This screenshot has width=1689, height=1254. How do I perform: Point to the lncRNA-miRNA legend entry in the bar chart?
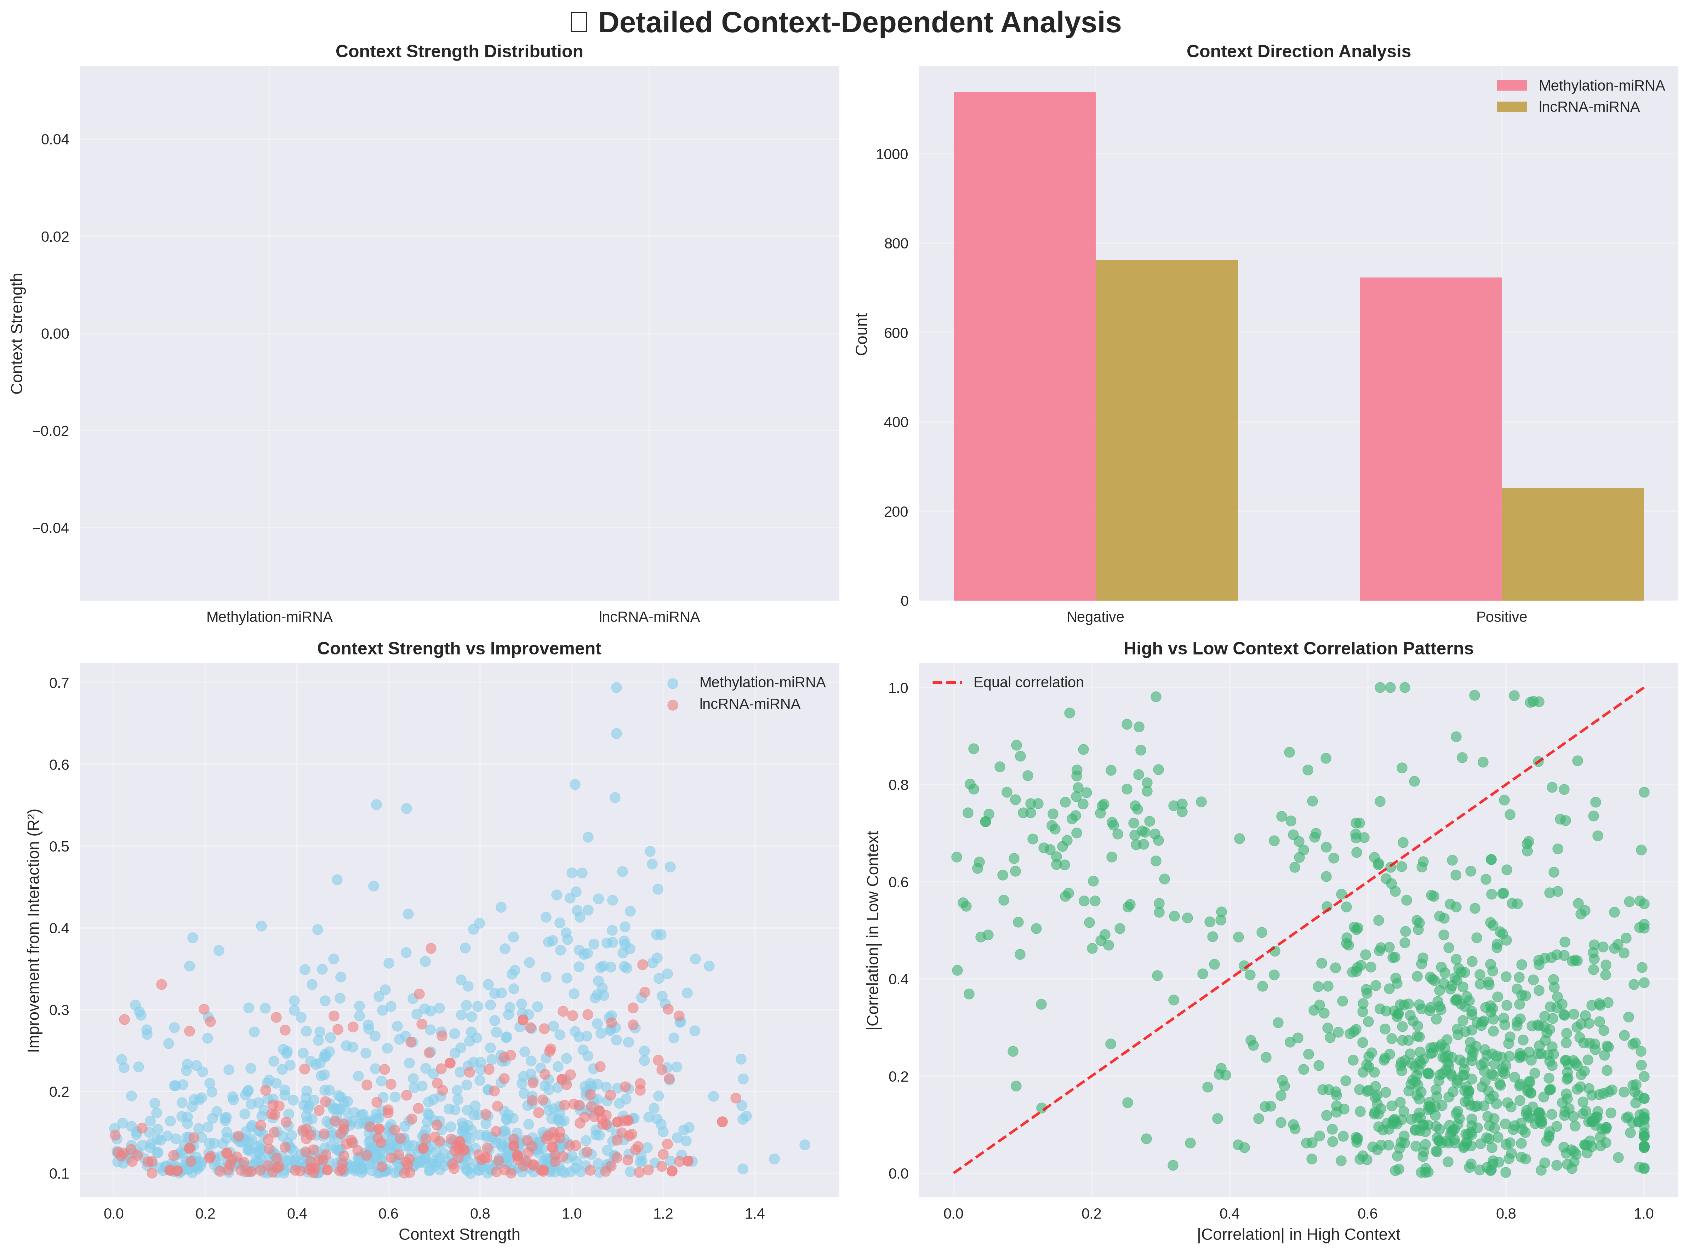click(1588, 107)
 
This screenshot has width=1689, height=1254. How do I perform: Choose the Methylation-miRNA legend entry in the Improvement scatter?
click(761, 682)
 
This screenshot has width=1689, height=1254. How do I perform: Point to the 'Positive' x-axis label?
click(1501, 617)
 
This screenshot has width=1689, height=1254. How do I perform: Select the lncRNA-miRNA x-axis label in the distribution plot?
click(649, 617)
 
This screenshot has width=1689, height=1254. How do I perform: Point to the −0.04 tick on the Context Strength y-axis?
click(50, 528)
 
